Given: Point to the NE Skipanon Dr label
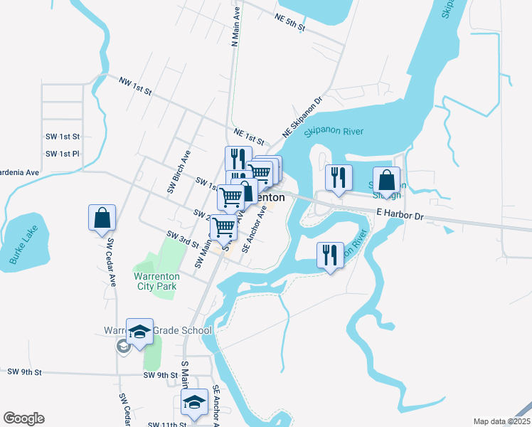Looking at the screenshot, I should [x=302, y=117].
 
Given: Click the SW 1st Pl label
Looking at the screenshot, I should [x=63, y=154].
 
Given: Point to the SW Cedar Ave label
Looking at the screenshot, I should [x=111, y=262].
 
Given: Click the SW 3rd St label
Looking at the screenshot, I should [x=183, y=238].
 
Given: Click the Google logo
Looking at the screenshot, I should [x=23, y=418].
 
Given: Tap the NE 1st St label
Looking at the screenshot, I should [x=249, y=137].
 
